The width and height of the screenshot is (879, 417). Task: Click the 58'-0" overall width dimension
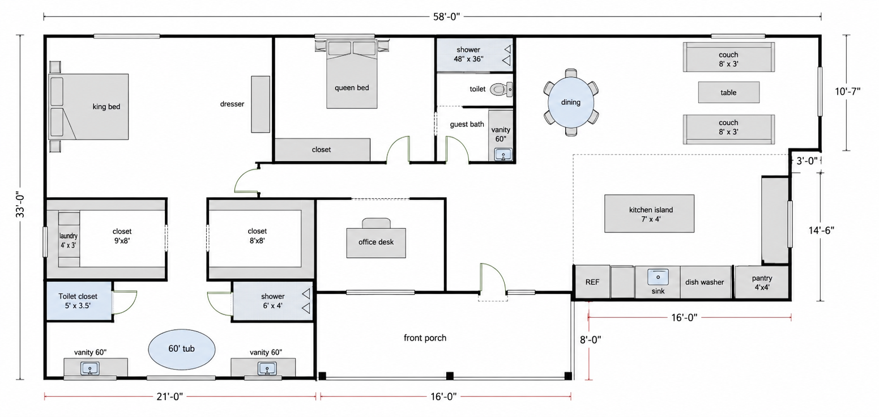[446, 16]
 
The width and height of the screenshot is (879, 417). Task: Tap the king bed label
[106, 107]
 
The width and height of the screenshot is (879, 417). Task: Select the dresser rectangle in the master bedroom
[261, 104]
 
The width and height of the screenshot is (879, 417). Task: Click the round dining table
[570, 102]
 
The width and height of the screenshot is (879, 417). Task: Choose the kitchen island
[649, 214]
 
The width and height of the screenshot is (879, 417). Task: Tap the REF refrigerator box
[592, 282]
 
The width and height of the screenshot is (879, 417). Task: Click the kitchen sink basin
[658, 277]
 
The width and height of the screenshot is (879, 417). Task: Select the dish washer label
[705, 282]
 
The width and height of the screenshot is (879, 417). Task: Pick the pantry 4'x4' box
[762, 282]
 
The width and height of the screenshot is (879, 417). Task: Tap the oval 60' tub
[182, 349]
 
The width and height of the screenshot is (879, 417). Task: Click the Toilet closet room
[79, 301]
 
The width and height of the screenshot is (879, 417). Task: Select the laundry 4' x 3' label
[69, 240]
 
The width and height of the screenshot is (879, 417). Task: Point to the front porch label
[425, 338]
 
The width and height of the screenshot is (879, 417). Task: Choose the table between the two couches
[729, 92]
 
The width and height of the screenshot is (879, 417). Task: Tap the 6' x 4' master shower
[273, 301]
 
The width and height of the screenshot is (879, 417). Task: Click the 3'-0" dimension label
[807, 160]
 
